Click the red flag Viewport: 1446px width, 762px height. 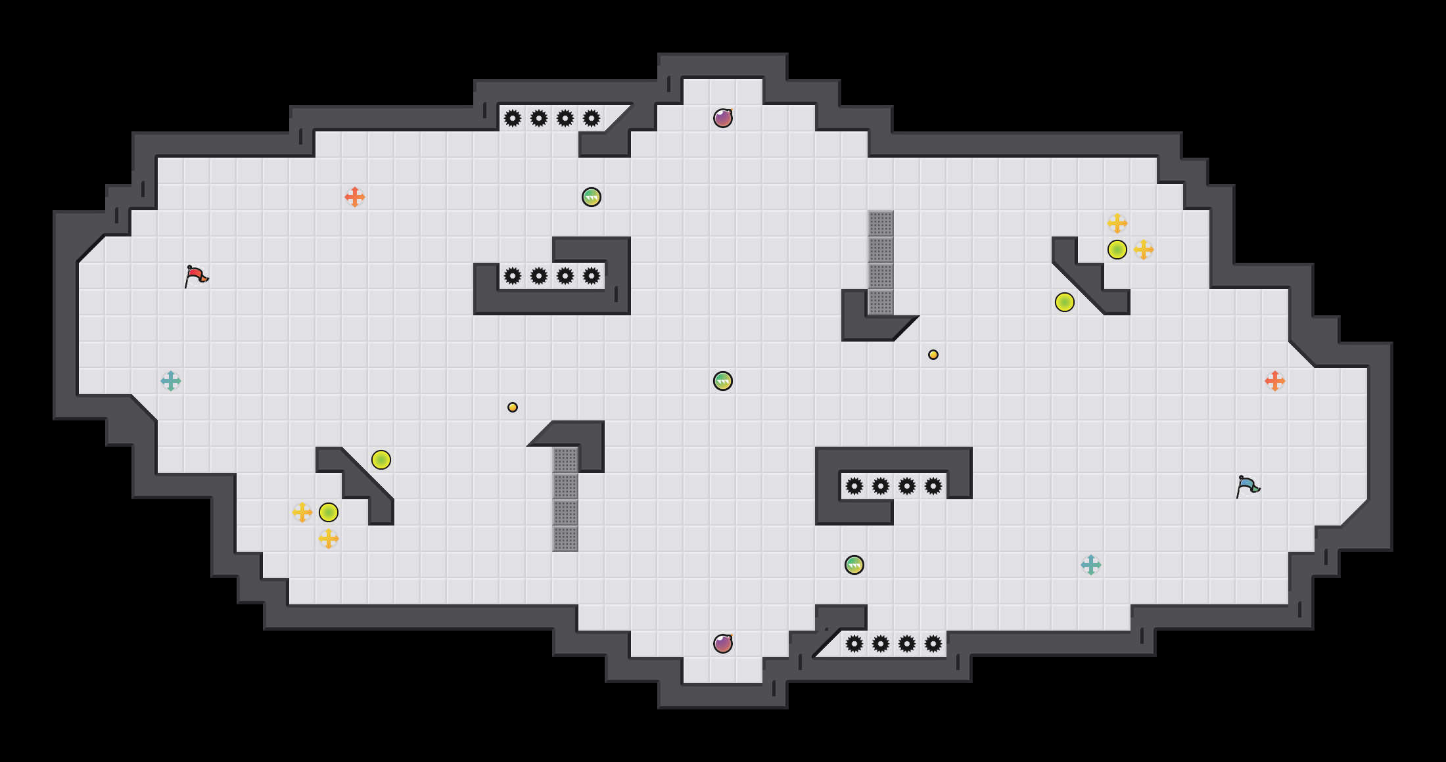[196, 277]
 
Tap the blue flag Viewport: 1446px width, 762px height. [1248, 487]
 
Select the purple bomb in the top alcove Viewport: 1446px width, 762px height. [723, 118]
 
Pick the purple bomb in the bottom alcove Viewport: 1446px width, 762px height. [723, 644]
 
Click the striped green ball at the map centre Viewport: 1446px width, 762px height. [723, 381]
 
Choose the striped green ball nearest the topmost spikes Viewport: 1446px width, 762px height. [592, 197]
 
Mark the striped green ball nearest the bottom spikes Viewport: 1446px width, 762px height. [854, 565]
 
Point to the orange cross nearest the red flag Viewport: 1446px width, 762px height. [355, 197]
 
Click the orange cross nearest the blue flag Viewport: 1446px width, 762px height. [1275, 381]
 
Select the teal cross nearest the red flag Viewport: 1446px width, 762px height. [171, 381]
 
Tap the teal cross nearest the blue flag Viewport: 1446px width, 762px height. [1091, 565]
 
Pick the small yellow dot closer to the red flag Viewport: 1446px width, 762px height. [513, 407]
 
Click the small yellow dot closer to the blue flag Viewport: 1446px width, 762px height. [933, 355]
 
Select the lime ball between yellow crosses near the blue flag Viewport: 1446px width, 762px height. [1117, 250]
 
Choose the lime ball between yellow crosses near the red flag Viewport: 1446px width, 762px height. [329, 512]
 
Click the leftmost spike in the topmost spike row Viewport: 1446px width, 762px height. [513, 118]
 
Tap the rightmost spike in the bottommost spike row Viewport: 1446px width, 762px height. [933, 644]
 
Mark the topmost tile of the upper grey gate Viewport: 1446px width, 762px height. [881, 223]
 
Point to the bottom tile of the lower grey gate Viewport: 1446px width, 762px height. [565, 539]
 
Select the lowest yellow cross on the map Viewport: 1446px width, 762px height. [329, 539]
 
